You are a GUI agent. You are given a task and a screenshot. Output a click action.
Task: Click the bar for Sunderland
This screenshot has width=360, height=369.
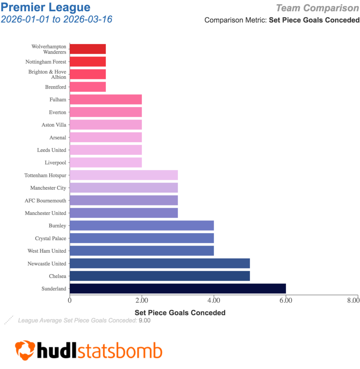point(178,289)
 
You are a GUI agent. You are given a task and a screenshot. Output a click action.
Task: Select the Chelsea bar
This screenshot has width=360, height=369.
point(160,276)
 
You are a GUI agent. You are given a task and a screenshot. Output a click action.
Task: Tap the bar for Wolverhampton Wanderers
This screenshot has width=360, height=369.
point(88,49)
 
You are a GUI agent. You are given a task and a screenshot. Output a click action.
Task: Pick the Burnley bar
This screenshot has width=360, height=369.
point(142,226)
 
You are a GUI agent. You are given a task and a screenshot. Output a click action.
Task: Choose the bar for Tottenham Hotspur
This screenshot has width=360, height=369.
point(124,175)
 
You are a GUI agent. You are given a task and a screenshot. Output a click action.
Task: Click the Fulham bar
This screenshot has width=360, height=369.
point(106,99)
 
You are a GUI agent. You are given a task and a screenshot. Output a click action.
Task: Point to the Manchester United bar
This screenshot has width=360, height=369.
point(124,213)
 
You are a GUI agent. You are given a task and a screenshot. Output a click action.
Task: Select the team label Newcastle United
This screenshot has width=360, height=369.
point(47,263)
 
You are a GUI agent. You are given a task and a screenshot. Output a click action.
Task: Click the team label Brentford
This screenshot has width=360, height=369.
point(55,87)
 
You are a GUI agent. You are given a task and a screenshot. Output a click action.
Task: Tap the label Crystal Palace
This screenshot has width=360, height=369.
point(50,238)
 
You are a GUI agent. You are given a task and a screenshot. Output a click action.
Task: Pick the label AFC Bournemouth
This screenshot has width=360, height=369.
point(45,200)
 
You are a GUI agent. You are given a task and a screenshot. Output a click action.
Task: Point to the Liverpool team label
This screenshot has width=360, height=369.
point(55,163)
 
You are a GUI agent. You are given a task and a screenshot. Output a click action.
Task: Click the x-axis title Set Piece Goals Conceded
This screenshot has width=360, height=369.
point(180,312)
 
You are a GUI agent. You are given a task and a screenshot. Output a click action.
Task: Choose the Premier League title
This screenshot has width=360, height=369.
point(46,7)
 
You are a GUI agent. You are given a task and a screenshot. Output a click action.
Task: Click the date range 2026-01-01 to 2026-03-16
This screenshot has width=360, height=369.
point(57,19)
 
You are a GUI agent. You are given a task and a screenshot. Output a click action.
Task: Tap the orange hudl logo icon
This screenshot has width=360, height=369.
point(25,350)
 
